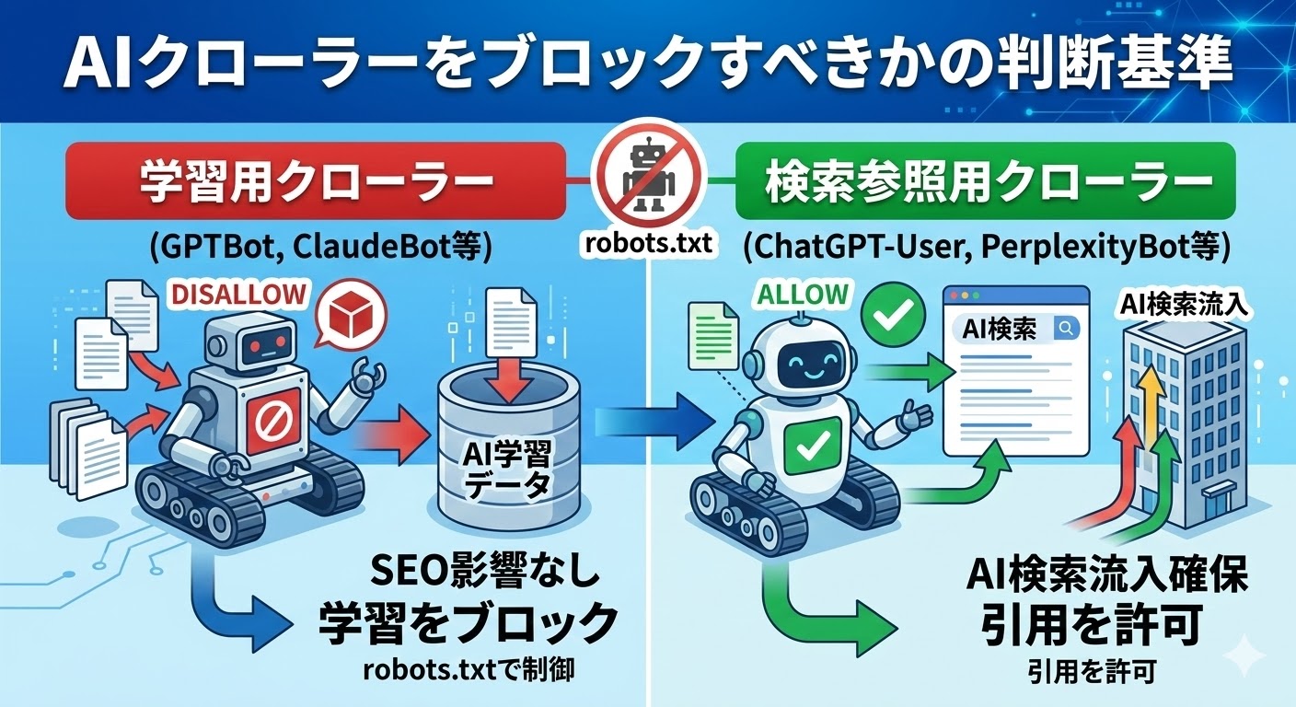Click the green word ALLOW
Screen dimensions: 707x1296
click(801, 295)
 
